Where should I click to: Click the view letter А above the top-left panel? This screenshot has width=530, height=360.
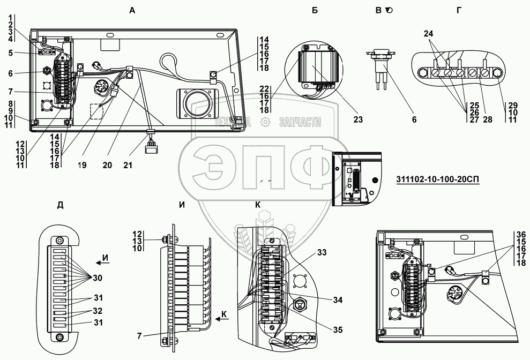point(131,10)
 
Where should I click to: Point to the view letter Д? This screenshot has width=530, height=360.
point(60,206)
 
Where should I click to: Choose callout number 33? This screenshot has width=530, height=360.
point(336,252)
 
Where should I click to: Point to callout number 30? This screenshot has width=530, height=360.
point(97,277)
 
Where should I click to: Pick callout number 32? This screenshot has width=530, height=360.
point(97,310)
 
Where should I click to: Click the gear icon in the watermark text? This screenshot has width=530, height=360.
point(265,123)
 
